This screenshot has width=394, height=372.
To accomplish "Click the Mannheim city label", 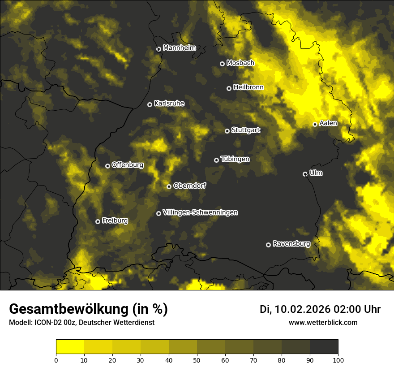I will (180, 48).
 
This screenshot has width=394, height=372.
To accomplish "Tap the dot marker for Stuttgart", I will (227, 131).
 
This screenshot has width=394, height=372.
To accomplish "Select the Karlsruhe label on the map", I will (169, 104).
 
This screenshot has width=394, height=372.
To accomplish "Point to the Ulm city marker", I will (305, 174).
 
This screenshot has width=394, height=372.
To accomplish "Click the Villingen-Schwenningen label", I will (200, 212).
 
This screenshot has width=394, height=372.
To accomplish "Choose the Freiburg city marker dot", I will (98, 221).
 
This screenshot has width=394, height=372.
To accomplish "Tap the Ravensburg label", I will (291, 244).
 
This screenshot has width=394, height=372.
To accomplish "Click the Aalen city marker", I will (315, 124).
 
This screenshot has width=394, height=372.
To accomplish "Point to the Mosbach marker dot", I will (222, 64).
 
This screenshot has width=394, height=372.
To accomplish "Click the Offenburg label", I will (127, 165).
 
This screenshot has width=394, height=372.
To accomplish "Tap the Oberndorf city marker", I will (169, 186).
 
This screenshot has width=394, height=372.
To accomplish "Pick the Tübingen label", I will (235, 159).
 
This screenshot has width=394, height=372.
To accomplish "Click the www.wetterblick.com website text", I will (323, 322).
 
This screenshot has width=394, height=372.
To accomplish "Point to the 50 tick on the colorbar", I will (197, 359).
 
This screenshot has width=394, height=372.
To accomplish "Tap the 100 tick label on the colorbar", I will (338, 359).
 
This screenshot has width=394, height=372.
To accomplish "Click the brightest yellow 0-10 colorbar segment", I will (70, 347).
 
